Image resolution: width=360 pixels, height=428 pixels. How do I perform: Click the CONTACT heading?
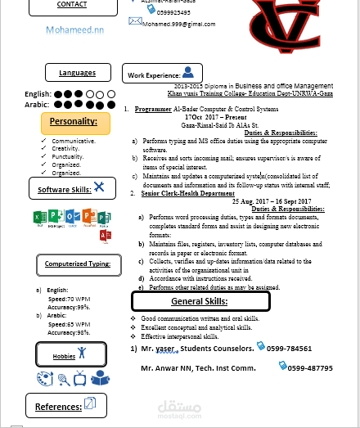pyautogui.click(x=72, y=5)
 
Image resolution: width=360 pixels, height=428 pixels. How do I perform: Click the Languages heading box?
pyautogui.click(x=77, y=73)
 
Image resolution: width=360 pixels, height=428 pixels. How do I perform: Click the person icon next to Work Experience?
pyautogui.click(x=188, y=73)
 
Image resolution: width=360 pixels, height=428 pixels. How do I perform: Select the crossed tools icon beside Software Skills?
pyautogui.click(x=99, y=187)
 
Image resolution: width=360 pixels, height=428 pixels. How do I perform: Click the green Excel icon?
pyautogui.click(x=38, y=218)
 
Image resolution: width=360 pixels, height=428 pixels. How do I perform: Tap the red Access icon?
pyautogui.click(x=105, y=236)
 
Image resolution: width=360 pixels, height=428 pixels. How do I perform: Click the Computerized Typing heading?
pyautogui.click(x=78, y=265)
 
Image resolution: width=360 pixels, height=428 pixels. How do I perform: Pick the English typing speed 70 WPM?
pyautogui.click(x=79, y=300)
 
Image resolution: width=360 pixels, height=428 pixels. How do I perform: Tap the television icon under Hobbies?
pyautogui.click(x=81, y=378)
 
